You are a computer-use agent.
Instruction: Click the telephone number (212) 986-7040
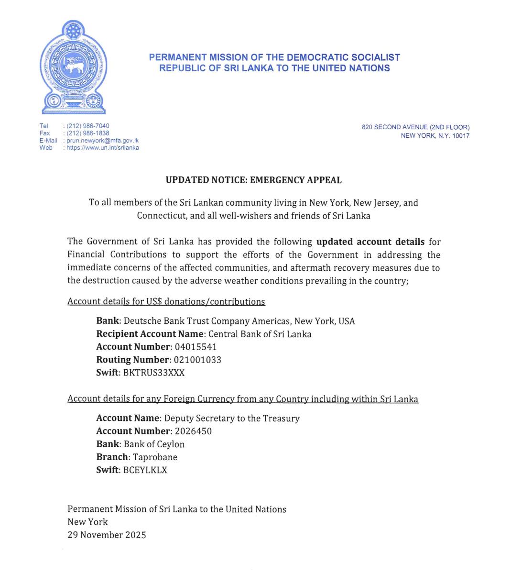(88, 126)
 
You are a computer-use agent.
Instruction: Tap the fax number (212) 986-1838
(88, 133)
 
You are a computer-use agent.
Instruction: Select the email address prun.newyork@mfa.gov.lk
(102, 141)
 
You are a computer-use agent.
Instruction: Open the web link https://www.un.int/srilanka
(103, 148)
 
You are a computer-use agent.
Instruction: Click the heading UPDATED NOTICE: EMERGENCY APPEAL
(253, 180)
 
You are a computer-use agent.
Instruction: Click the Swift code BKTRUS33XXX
(154, 373)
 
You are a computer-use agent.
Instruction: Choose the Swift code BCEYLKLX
(145, 470)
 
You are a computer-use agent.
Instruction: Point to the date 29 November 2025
(107, 535)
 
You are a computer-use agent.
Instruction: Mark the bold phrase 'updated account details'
(370, 242)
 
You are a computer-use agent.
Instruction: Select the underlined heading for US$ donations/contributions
(166, 302)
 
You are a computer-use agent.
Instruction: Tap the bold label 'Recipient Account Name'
(150, 334)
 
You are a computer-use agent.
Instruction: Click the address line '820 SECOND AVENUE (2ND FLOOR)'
(415, 127)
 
